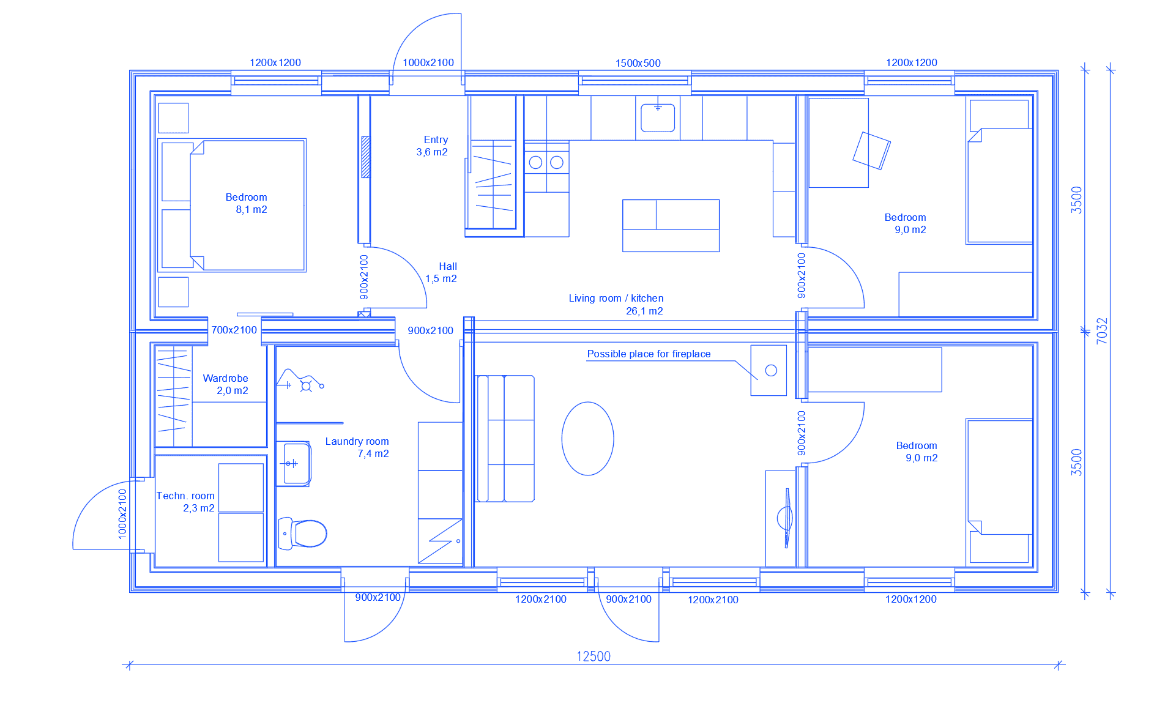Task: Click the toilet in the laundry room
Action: pos(302,533)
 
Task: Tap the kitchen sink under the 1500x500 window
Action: pos(658,117)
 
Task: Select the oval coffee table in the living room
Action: pos(587,438)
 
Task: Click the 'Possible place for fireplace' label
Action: pos(649,354)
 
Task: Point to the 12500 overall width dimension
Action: pos(594,657)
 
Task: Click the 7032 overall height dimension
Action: pos(1102,330)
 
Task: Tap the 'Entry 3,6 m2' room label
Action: pos(433,146)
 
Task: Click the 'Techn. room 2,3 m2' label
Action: pos(185,502)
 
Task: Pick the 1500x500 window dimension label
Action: pos(638,63)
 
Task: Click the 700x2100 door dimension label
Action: pos(234,330)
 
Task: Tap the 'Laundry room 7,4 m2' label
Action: pos(357,447)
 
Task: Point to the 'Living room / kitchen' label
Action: pos(616,298)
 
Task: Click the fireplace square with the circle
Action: pos(769,370)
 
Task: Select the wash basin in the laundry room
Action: pos(294,464)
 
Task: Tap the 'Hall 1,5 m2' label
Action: pos(442,272)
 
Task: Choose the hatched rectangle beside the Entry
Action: pos(366,157)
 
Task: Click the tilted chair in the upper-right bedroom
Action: pos(871,151)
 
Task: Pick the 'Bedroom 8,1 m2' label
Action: pos(247,203)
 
